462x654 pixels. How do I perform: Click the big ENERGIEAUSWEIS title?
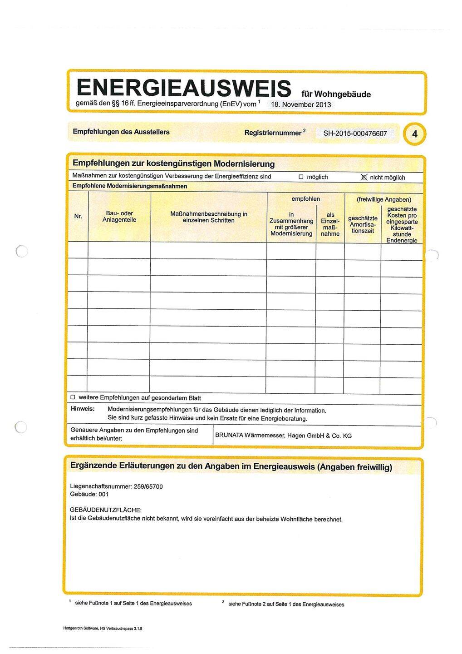click(183, 88)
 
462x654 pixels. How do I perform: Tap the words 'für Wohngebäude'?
click(336, 94)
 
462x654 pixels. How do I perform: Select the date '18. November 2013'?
click(301, 105)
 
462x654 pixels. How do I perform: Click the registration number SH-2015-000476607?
click(355, 134)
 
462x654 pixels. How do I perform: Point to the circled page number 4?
click(414, 134)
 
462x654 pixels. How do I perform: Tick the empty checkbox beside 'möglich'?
click(301, 177)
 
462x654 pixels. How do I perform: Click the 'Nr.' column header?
click(78, 216)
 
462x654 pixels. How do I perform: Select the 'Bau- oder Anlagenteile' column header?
click(119, 217)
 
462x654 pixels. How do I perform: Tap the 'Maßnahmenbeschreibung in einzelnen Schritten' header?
click(208, 217)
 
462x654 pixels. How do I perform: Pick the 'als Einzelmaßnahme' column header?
click(330, 224)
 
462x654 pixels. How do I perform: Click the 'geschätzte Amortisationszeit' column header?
click(363, 224)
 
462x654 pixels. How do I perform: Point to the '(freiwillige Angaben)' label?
click(384, 199)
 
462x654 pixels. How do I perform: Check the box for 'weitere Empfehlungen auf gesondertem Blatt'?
click(73, 397)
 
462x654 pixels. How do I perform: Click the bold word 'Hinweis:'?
click(83, 409)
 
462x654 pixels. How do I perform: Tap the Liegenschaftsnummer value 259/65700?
click(148, 486)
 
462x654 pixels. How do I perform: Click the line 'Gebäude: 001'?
click(89, 494)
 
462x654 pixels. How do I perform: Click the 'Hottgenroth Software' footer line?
click(103, 629)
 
